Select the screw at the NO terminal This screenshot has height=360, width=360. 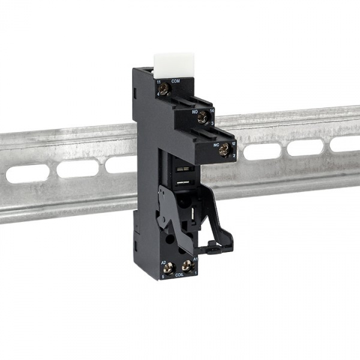click(203, 118)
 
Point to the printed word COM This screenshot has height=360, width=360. click(175, 80)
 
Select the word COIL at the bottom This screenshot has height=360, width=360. click(178, 278)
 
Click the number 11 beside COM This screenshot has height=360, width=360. click(158, 81)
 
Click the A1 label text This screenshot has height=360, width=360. click(194, 260)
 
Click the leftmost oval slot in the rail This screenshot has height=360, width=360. click(28, 174)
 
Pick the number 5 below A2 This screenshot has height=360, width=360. click(161, 277)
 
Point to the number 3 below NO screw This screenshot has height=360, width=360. click(212, 124)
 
